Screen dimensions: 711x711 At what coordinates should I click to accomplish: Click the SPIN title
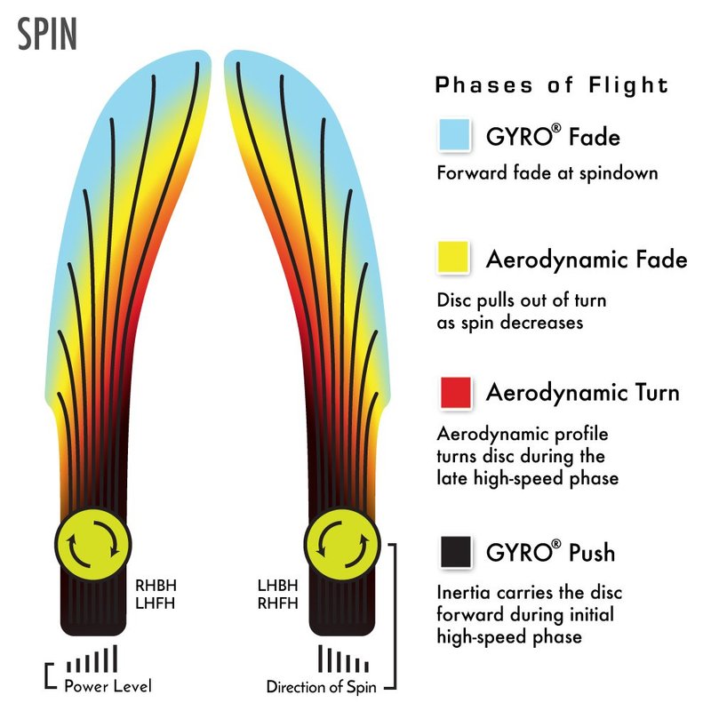point(47,33)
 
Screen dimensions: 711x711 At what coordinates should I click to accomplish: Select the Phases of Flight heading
point(551,86)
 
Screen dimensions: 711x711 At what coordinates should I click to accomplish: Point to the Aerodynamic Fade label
point(587,260)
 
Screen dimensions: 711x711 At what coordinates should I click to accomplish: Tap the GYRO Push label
point(550,553)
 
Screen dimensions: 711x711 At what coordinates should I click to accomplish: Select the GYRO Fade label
point(553,137)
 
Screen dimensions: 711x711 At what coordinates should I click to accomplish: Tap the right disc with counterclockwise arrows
point(341,542)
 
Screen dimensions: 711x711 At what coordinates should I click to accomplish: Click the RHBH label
point(156,587)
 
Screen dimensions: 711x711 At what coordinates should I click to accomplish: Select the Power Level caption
point(108,686)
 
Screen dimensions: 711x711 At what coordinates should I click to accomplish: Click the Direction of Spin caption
point(323,687)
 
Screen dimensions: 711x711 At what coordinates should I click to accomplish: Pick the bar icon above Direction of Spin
point(342,661)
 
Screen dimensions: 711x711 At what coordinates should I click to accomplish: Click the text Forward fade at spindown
point(547,172)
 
